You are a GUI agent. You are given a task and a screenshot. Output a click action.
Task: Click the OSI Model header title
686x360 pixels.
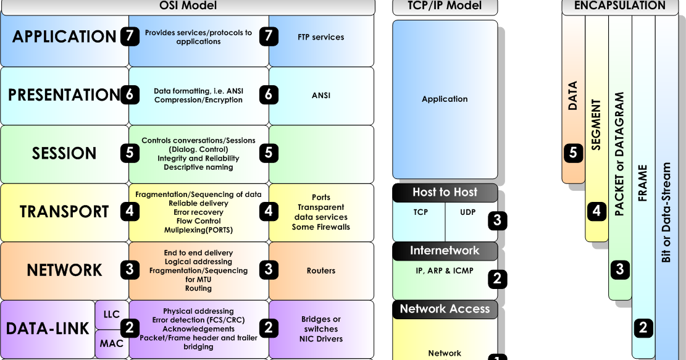(x=188, y=6)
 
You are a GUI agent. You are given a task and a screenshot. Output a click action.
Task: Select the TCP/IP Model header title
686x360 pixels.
(x=445, y=6)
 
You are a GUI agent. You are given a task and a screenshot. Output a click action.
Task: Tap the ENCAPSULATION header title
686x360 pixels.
(x=619, y=6)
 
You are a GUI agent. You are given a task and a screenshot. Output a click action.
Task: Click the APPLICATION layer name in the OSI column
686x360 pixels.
(x=64, y=37)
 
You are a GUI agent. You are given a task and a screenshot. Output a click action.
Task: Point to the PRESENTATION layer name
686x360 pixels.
(x=64, y=95)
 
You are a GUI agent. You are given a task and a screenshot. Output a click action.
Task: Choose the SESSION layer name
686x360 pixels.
(x=64, y=154)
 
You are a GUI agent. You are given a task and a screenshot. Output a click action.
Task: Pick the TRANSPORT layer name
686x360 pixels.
(x=64, y=212)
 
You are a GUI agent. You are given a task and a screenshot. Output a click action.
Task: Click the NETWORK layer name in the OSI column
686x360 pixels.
(x=64, y=270)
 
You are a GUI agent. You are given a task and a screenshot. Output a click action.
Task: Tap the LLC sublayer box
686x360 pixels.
(x=112, y=315)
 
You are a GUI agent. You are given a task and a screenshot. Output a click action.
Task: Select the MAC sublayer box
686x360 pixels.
(x=112, y=344)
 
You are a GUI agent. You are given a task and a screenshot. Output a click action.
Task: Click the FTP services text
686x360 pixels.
(x=321, y=37)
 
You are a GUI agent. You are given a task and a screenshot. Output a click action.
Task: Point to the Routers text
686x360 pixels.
(x=321, y=270)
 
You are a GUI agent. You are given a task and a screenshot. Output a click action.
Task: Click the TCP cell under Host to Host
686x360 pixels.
(x=420, y=212)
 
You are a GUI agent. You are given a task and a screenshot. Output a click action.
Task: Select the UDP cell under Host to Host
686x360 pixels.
(x=468, y=212)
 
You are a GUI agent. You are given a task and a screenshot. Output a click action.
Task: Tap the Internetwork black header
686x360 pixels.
(x=445, y=251)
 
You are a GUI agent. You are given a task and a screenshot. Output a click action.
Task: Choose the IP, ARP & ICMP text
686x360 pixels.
(x=445, y=270)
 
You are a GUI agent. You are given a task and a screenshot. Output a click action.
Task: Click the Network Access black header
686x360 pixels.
(x=445, y=309)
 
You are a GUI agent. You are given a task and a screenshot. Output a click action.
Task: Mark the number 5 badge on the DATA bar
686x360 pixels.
(x=573, y=153)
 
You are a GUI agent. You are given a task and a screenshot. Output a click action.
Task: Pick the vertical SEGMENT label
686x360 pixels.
(x=596, y=125)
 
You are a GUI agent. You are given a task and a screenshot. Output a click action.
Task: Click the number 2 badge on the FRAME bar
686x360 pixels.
(x=643, y=328)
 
